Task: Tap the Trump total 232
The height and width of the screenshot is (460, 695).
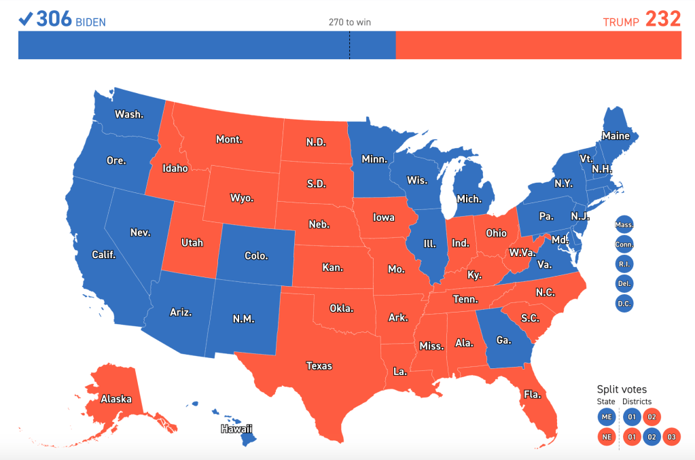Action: tap(662, 19)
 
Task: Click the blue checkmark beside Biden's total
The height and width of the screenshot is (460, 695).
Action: tap(26, 19)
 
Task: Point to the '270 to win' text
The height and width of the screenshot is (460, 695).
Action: tap(350, 22)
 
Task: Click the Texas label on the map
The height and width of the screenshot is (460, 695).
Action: tap(319, 366)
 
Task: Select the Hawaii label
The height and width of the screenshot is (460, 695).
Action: tap(236, 429)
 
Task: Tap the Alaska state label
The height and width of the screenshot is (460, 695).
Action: tap(116, 399)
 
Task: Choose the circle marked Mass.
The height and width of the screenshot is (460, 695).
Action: tap(624, 224)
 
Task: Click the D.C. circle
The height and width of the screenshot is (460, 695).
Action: tap(624, 303)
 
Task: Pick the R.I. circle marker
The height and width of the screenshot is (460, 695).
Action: tap(624, 264)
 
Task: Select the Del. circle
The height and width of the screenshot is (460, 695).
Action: tap(624, 283)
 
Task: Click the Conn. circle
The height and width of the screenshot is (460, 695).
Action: tap(624, 244)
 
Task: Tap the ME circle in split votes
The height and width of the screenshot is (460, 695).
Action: tap(607, 417)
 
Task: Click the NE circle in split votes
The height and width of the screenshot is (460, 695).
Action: tap(607, 436)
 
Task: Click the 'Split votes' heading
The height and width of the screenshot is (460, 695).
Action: tap(622, 389)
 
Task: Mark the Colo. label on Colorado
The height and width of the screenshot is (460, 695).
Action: tap(256, 256)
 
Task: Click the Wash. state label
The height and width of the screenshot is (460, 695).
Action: tap(129, 114)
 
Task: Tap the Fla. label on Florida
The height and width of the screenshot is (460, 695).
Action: tap(532, 393)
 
